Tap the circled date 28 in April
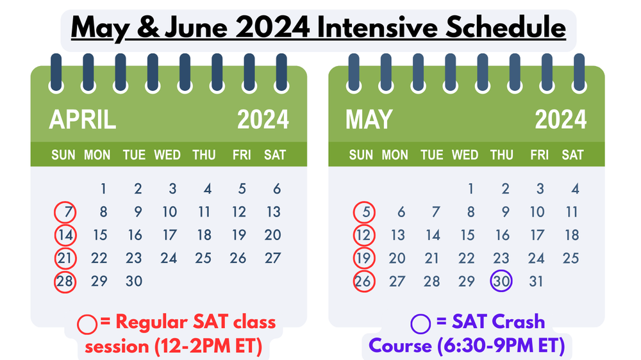tap(65, 281)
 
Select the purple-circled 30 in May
tap(501, 281)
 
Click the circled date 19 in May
tap(363, 258)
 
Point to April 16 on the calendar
tap(134, 235)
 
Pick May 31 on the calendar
tap(537, 281)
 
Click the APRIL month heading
tap(83, 120)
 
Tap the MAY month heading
tap(369, 120)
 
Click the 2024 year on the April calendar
tap(263, 120)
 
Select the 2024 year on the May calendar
tap(560, 120)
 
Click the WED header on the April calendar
tap(167, 155)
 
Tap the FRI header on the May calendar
tap(539, 155)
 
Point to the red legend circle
tap(87, 323)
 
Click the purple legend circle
tap(420, 323)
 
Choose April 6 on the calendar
tap(277, 189)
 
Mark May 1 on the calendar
tap(470, 189)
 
